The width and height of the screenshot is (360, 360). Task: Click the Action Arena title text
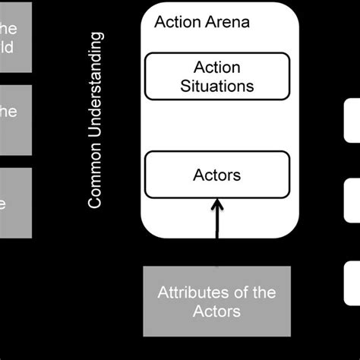pyautogui.click(x=201, y=22)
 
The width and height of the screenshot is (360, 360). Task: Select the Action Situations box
pyautogui.click(x=216, y=76)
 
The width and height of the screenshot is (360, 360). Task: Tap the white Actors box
pyautogui.click(x=216, y=175)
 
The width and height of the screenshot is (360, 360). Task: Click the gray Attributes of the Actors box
pyautogui.click(x=216, y=302)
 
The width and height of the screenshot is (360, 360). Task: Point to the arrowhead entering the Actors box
pyautogui.click(x=217, y=203)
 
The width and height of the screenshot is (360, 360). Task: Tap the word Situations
pyautogui.click(x=216, y=85)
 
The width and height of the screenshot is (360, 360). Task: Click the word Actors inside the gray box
pyautogui.click(x=216, y=311)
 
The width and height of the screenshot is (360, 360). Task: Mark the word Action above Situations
pyautogui.click(x=216, y=67)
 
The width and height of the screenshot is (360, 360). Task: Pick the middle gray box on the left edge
pyautogui.click(x=15, y=118)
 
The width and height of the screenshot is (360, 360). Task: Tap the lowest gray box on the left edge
pyautogui.click(x=15, y=202)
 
